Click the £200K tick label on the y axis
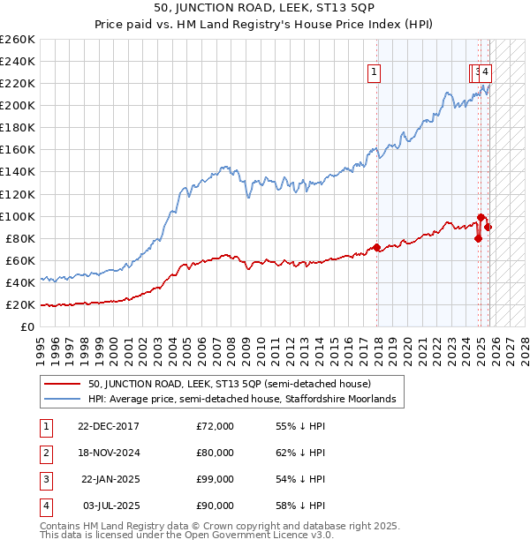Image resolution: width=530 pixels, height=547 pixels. pyautogui.click(x=17, y=105)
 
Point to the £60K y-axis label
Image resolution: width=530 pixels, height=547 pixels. pyautogui.click(x=19, y=260)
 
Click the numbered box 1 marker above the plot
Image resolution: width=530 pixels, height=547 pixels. pyautogui.click(x=375, y=73)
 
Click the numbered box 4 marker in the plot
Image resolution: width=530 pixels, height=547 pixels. pyautogui.click(x=487, y=73)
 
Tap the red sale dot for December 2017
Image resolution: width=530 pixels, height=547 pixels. pyautogui.click(x=377, y=247)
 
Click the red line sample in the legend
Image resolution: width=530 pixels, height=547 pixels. pyautogui.click(x=62, y=385)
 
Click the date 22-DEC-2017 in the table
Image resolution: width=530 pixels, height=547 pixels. pyautogui.click(x=109, y=426)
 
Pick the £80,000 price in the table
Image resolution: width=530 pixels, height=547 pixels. pyautogui.click(x=215, y=453)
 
